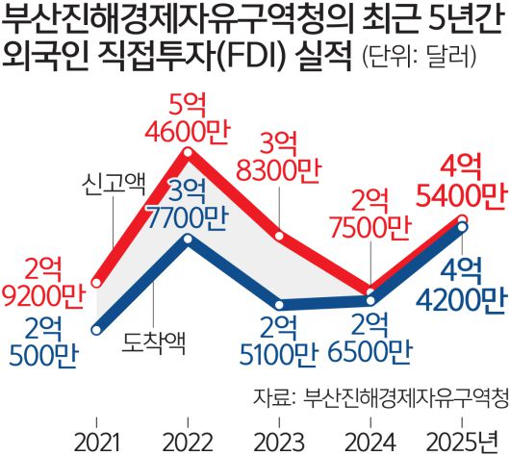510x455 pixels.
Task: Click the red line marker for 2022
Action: (188, 152)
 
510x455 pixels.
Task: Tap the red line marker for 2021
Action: (96, 283)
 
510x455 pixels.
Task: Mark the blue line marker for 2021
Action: (96, 330)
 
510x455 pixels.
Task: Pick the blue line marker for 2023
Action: (279, 304)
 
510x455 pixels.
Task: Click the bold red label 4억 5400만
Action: (463, 183)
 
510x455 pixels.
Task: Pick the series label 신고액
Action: (113, 180)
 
